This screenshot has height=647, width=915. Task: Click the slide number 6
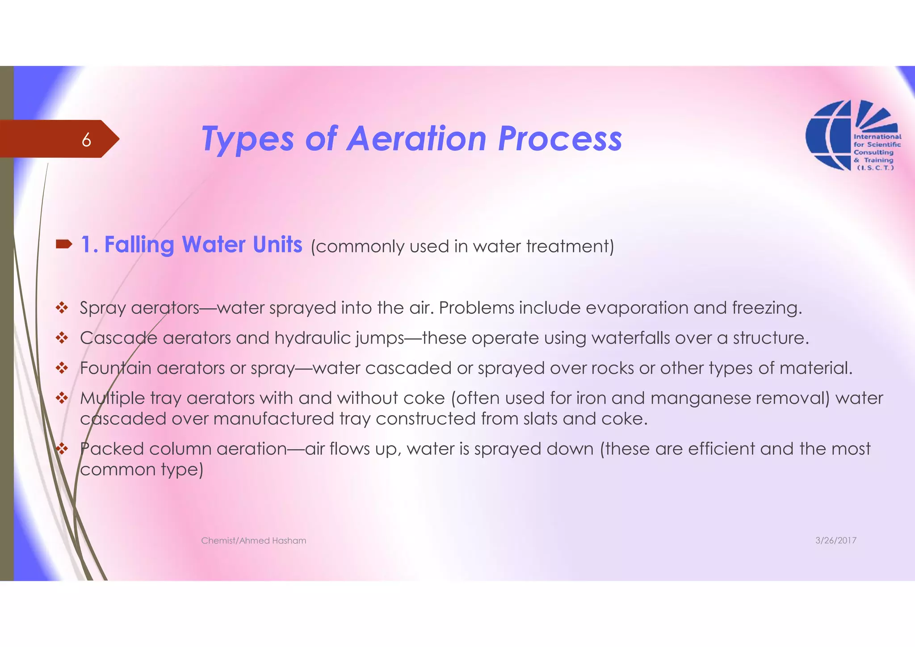[x=86, y=140]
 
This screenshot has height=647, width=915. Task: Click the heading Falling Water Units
[x=192, y=245]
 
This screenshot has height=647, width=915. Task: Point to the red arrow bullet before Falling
[x=64, y=244]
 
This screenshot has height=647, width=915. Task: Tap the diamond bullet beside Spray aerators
[x=62, y=307]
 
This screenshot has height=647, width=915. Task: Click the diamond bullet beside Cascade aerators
[x=62, y=338]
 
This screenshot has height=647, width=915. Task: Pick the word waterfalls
[x=630, y=338]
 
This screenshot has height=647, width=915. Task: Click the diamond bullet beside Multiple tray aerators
[x=62, y=398]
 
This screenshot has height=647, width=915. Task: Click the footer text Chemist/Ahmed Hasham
[x=253, y=541]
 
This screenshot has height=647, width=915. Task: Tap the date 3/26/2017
[x=835, y=541]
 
